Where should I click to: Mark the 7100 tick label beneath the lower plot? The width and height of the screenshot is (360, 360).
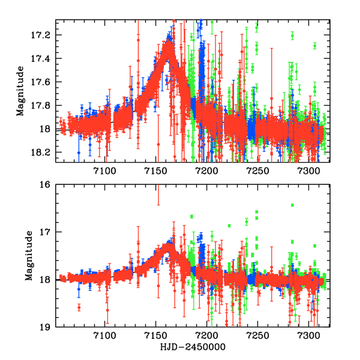(104, 337)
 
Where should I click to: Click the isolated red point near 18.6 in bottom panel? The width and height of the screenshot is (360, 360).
(79, 307)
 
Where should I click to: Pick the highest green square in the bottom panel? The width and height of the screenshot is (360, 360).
(292, 205)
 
